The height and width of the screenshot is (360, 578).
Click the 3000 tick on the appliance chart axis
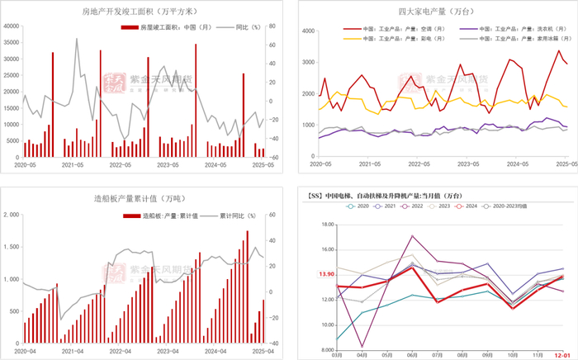point(306,63)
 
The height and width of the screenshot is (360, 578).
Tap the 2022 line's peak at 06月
point(412,236)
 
